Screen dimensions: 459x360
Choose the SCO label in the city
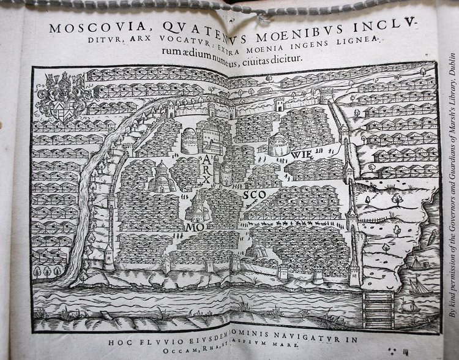pos(252,197)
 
